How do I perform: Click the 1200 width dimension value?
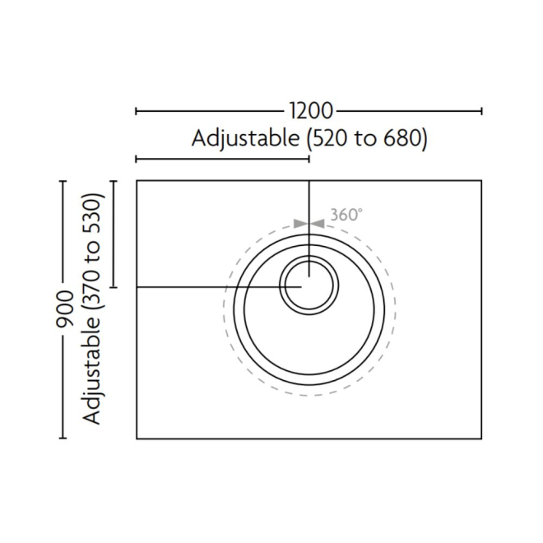pyautogui.click(x=311, y=111)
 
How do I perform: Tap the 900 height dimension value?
pyautogui.click(x=64, y=309)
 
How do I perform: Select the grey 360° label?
pyautogui.click(x=346, y=215)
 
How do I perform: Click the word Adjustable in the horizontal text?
pyautogui.click(x=246, y=139)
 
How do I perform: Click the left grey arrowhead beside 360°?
pyautogui.click(x=300, y=224)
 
